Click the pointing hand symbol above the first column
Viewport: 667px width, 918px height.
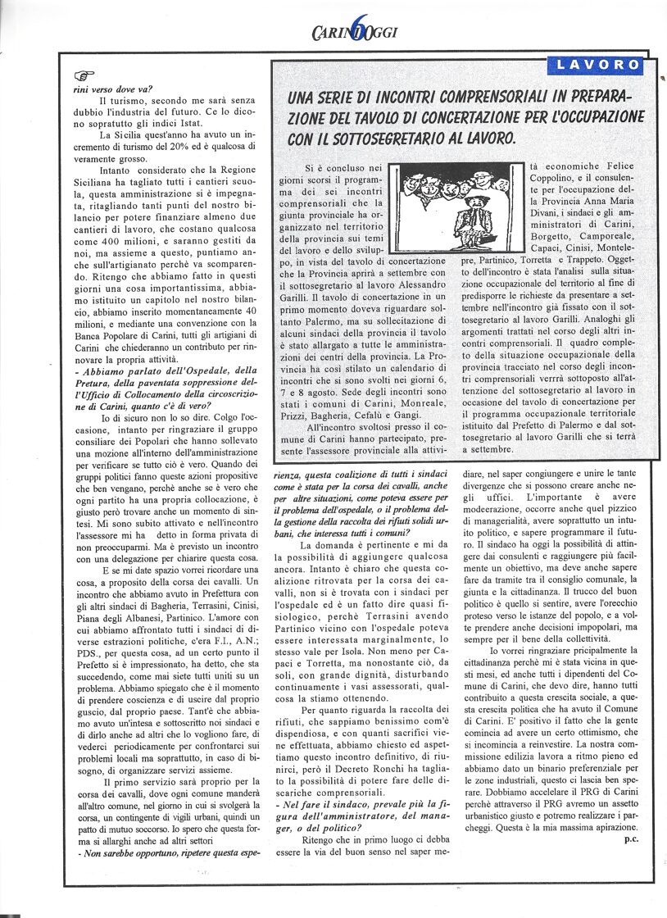click(x=84, y=76)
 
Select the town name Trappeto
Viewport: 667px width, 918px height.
click(x=616, y=257)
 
